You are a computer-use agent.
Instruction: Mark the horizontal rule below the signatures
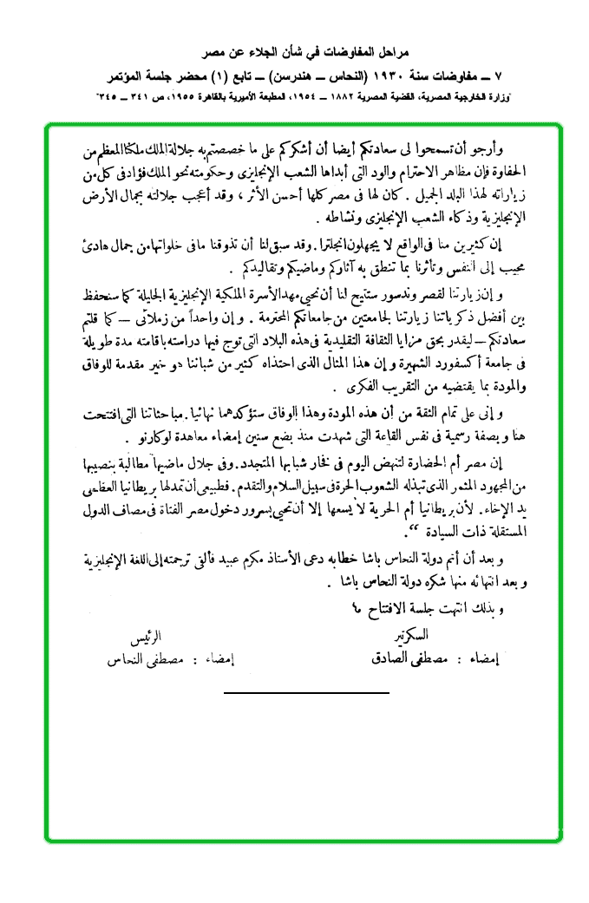click(x=294, y=693)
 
